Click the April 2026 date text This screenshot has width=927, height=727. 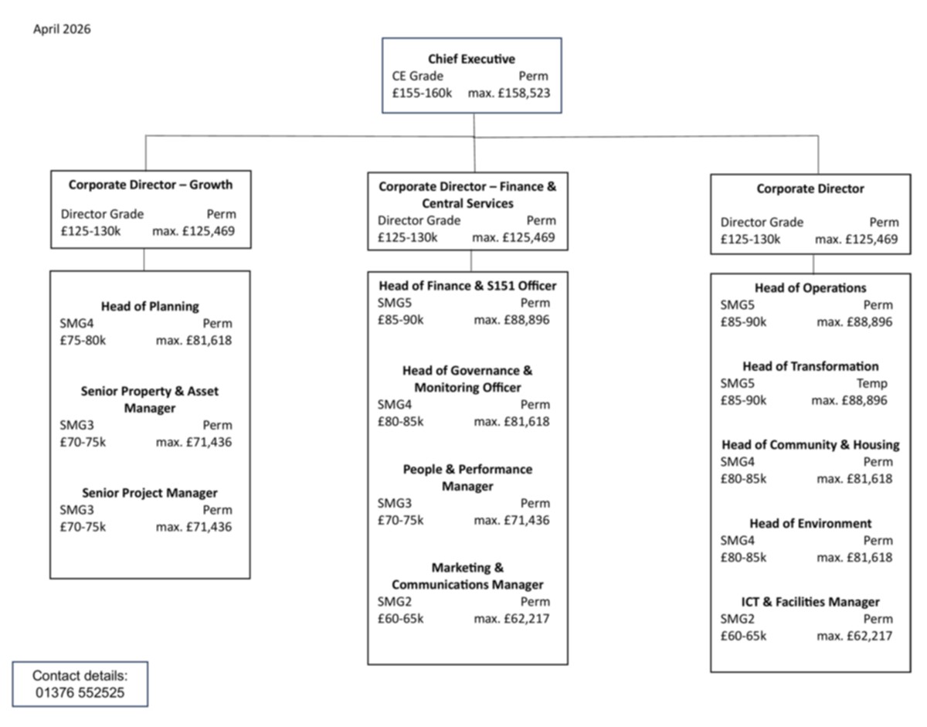click(x=62, y=29)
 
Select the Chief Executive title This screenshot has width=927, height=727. click(x=471, y=59)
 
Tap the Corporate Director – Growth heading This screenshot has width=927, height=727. click(x=150, y=185)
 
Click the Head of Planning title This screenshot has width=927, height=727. click(x=150, y=307)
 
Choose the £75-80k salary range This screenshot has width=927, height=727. click(x=83, y=340)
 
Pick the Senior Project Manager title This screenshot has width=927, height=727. click(x=150, y=493)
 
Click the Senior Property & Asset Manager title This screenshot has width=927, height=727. click(x=150, y=399)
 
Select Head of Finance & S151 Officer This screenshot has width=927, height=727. click(x=467, y=286)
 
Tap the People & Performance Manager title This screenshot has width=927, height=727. click(x=467, y=477)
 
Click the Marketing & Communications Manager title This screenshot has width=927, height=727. click(x=467, y=576)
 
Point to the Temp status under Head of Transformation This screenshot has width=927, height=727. click(x=871, y=383)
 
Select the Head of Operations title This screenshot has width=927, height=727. click(x=810, y=288)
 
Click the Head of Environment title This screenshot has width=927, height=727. click(x=810, y=524)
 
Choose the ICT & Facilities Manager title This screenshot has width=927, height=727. click(x=810, y=602)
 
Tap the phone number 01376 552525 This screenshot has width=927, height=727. click(x=80, y=693)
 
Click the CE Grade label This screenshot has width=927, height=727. click(x=418, y=76)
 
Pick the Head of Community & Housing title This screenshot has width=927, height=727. click(x=810, y=445)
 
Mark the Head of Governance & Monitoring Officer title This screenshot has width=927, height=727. click(x=467, y=379)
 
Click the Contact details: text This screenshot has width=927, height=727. click(x=80, y=676)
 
